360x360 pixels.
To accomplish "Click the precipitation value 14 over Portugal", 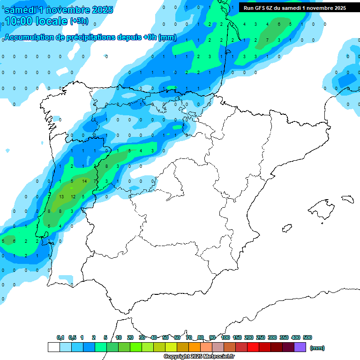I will (84, 181).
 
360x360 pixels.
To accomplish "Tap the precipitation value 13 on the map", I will (61, 196).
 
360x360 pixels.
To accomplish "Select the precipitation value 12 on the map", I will (73, 196).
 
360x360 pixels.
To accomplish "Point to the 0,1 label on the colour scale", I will (60, 337).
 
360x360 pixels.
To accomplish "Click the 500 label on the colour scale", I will (307, 337).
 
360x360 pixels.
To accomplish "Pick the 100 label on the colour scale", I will (225, 337).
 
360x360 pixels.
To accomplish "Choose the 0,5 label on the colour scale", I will (72, 337).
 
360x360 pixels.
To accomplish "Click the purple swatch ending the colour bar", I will (300, 347).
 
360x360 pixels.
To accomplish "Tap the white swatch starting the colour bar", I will (53, 347).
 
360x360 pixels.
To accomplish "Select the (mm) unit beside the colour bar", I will (317, 348).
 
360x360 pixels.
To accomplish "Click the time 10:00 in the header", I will (20, 21).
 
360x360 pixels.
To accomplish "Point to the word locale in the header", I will (52, 21).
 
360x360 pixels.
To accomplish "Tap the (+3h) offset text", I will (82, 21).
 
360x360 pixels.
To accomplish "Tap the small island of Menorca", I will (347, 199).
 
